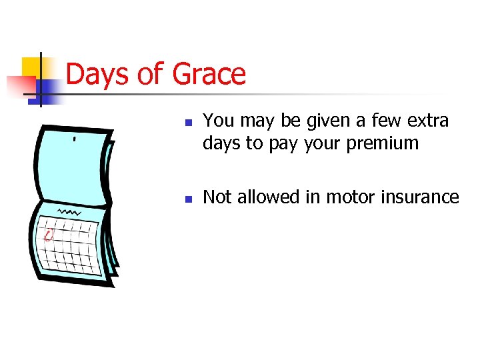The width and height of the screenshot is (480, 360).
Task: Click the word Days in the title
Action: click(x=97, y=74)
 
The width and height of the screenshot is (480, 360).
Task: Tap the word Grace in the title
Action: click(x=209, y=74)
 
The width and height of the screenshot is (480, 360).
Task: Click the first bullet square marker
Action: click(x=189, y=123)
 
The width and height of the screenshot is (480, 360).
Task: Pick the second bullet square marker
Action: click(x=189, y=199)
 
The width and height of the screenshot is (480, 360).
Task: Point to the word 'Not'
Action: click(x=217, y=197)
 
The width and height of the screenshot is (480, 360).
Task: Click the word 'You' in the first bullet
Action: click(x=217, y=121)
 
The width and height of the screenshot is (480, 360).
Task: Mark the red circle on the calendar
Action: click(x=48, y=235)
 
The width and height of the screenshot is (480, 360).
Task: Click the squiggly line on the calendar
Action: click(x=69, y=211)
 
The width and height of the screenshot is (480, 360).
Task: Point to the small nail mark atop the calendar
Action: click(x=74, y=140)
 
